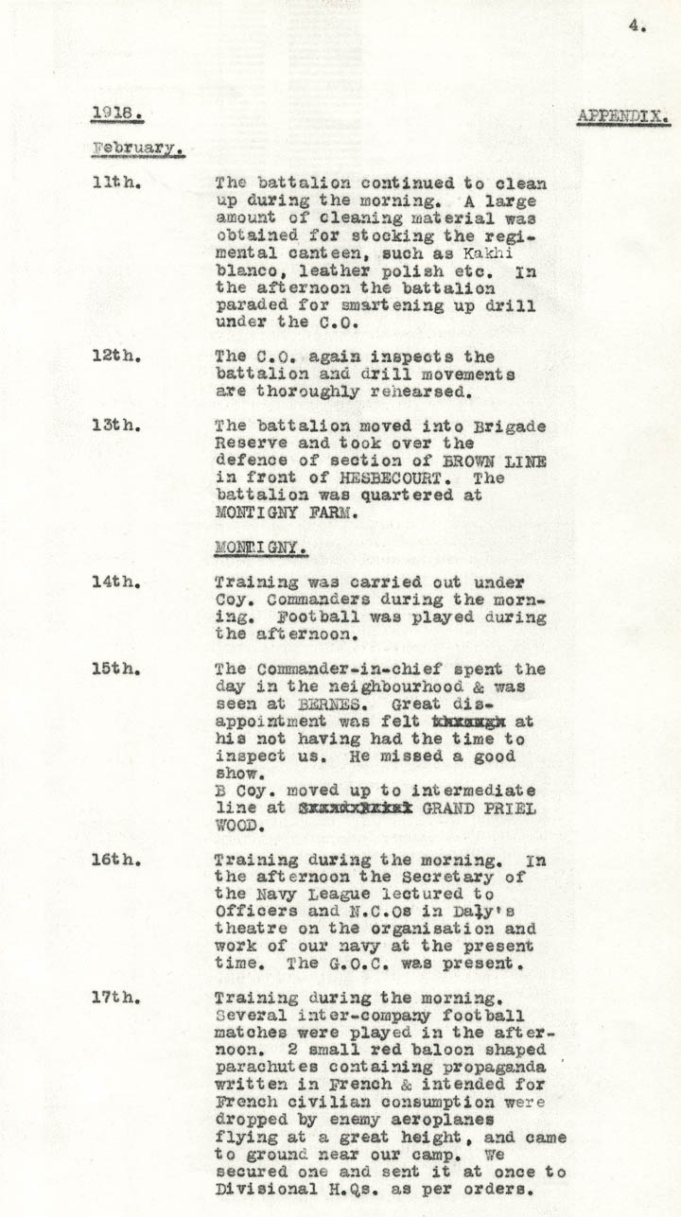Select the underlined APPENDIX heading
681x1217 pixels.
(623, 117)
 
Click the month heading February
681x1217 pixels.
(136, 148)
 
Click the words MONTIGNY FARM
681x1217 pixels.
(282, 513)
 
